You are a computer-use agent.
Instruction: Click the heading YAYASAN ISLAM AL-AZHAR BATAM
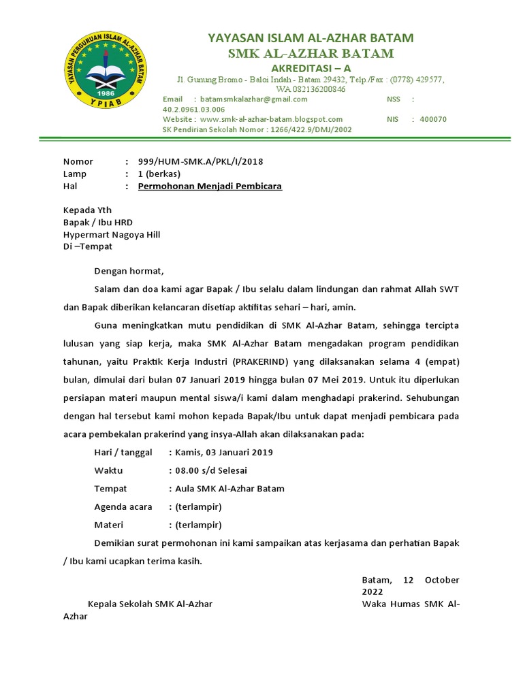[311, 37]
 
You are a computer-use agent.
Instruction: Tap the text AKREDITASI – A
[311, 68]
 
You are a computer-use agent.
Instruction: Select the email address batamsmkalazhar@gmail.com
[249, 99]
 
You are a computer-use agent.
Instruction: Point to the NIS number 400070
[433, 119]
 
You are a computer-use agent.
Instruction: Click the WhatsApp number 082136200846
[319, 89]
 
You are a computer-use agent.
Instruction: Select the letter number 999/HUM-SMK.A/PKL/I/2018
[200, 161]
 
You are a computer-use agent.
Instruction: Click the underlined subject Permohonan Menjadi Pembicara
[210, 186]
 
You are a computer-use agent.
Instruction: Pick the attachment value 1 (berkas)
[159, 174]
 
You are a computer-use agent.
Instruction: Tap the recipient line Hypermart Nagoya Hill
[112, 235]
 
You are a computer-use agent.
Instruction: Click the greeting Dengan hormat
[129, 272]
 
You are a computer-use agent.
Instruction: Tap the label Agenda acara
[123, 507]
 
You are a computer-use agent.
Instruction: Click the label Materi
[110, 525]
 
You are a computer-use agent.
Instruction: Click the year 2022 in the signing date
[373, 592]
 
